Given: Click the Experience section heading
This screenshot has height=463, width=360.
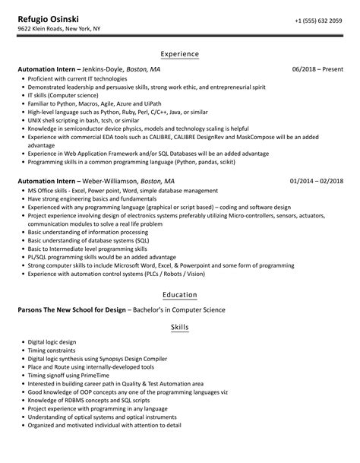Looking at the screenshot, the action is point(180,54).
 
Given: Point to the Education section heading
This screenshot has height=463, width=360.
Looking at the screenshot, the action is point(180,294).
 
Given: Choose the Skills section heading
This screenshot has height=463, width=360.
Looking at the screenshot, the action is point(180,328).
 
